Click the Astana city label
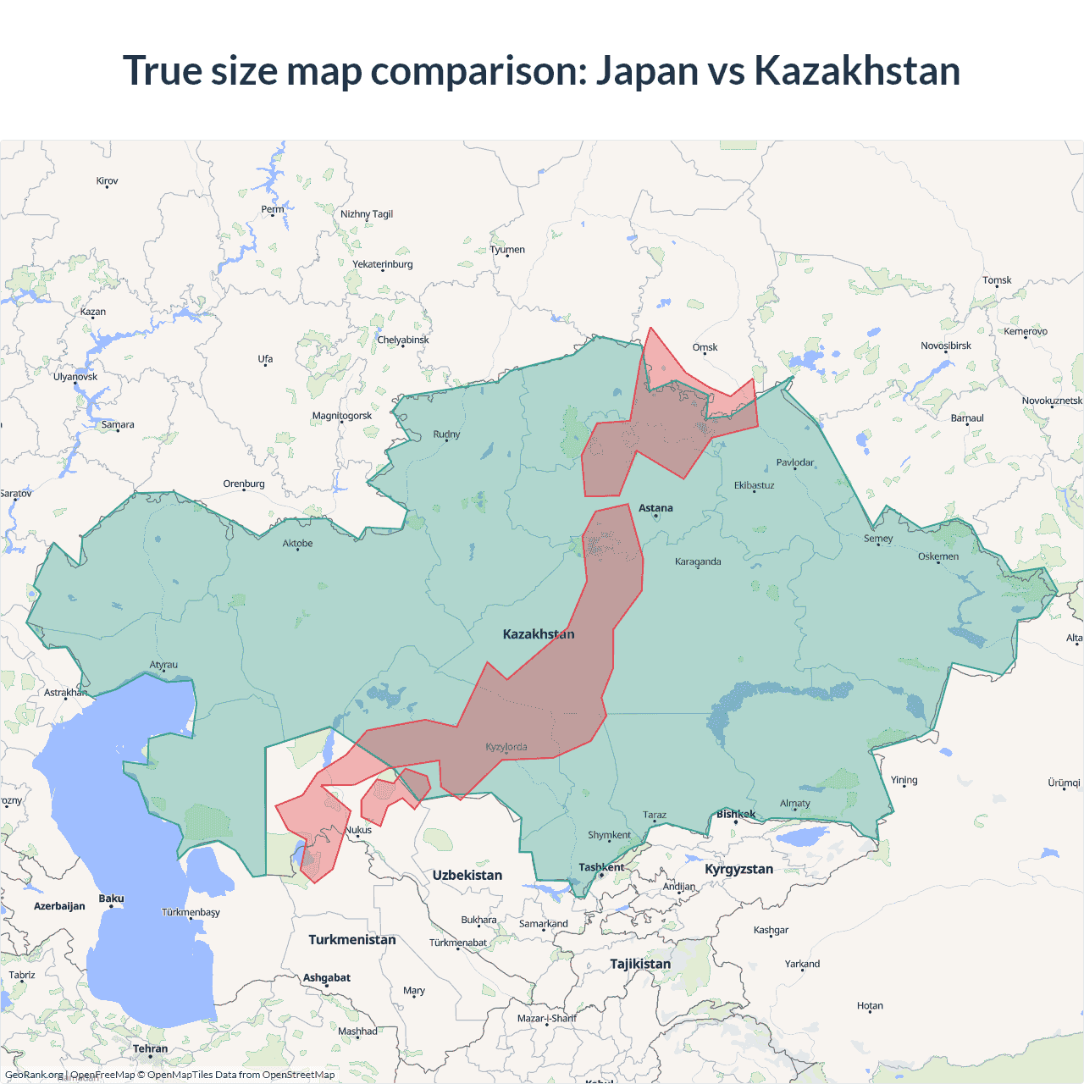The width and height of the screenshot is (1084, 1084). click(655, 508)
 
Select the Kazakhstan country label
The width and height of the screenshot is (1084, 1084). click(539, 634)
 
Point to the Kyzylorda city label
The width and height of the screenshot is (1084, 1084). click(506, 747)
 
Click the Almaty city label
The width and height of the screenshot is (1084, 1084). click(795, 804)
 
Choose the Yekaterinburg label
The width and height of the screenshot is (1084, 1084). click(383, 264)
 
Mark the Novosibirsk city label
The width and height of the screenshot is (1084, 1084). click(946, 346)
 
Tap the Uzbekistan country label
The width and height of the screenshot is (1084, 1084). click(467, 876)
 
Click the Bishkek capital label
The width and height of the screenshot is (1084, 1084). click(736, 815)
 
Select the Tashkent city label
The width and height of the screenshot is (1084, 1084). click(601, 867)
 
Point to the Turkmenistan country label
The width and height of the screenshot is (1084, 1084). click(352, 940)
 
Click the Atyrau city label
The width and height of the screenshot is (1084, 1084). click(164, 665)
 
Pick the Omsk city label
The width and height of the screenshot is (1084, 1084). click(705, 347)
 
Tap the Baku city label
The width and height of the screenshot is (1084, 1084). click(111, 899)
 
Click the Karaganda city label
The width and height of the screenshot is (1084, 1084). click(698, 561)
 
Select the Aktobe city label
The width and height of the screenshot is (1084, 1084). click(297, 544)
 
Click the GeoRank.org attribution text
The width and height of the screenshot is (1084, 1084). click(34, 1075)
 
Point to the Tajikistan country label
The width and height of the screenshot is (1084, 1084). click(640, 964)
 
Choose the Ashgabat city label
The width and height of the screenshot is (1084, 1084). click(327, 978)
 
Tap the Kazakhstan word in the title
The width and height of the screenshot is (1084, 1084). click(857, 71)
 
